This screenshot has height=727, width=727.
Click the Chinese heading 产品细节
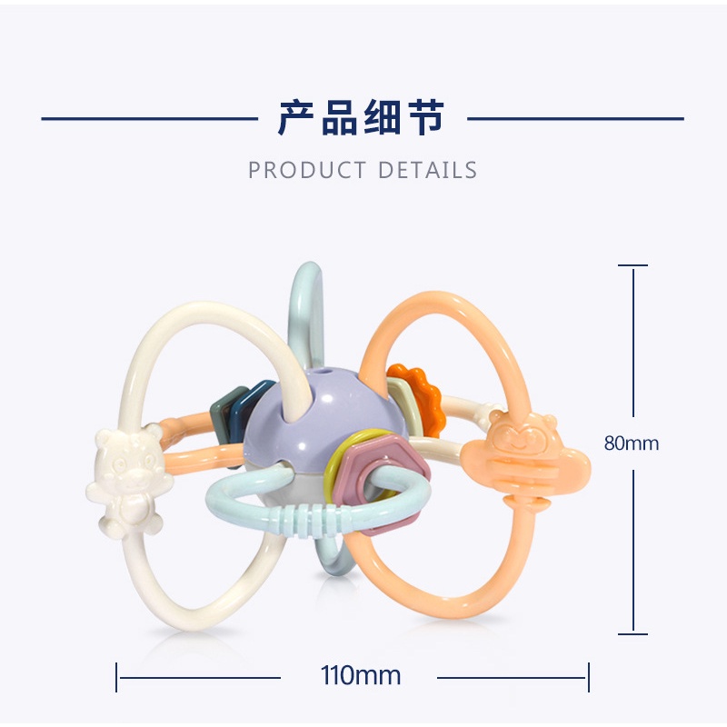[x=362, y=118]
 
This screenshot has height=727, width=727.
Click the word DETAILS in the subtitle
[x=427, y=170]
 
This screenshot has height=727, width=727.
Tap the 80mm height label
[x=632, y=443]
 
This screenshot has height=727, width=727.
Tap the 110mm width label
[x=361, y=676]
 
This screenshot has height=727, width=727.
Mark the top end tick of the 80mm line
[x=633, y=265]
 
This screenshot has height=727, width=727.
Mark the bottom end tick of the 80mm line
[x=633, y=633]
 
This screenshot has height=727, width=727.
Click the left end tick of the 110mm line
[x=117, y=677]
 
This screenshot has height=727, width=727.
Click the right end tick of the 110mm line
[x=589, y=677]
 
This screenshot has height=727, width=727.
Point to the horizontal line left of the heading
[x=150, y=118]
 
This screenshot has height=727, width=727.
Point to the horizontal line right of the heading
[x=574, y=118]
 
